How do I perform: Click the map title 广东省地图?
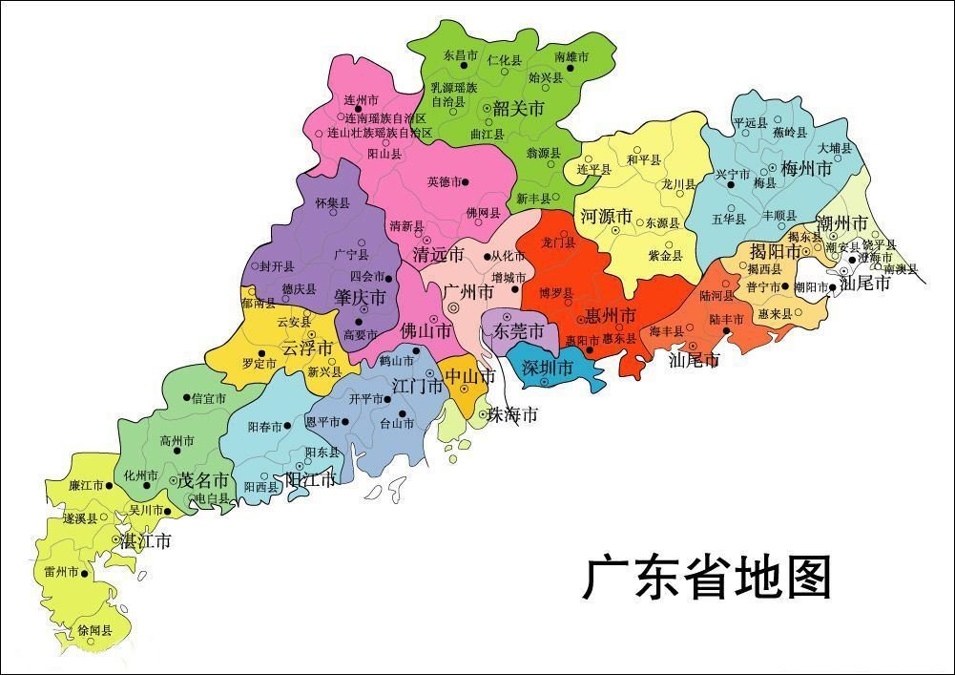coord(707,579)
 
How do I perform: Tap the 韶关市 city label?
coord(518,108)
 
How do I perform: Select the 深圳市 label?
coord(548,368)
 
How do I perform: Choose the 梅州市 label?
coord(806,169)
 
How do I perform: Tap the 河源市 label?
coord(607,217)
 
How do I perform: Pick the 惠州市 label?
coord(611,314)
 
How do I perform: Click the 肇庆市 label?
coord(360,298)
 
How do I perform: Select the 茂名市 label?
coord(204,479)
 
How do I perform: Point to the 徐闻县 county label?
coord(94,631)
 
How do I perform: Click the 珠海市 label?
coord(512,414)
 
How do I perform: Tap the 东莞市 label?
coord(518,331)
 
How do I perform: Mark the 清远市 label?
coord(438,255)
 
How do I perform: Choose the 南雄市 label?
coord(571,57)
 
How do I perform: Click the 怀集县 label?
coord(332,203)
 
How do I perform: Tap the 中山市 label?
coord(469,376)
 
